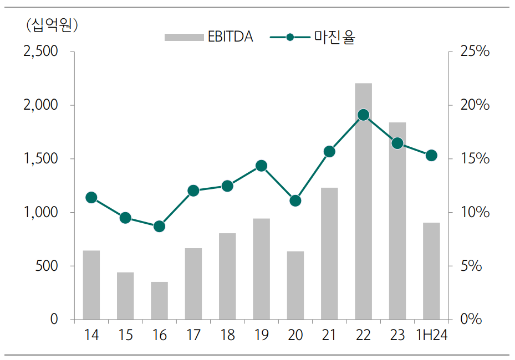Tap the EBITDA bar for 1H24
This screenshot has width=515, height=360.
431,271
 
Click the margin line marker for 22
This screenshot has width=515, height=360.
363,115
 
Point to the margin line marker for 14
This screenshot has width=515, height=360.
91,198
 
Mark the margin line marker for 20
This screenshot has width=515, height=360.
295,200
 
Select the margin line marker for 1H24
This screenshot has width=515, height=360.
431,156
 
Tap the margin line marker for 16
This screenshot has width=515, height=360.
159,227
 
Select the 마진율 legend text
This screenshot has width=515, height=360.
334,38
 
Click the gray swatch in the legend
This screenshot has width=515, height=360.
183,38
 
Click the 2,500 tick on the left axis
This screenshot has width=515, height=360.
40,52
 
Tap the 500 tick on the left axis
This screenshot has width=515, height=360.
47,266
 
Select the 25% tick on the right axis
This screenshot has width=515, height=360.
475,52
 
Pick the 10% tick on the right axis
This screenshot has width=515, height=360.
475,213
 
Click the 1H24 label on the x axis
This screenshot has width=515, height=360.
431,335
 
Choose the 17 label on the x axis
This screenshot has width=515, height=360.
193,335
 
